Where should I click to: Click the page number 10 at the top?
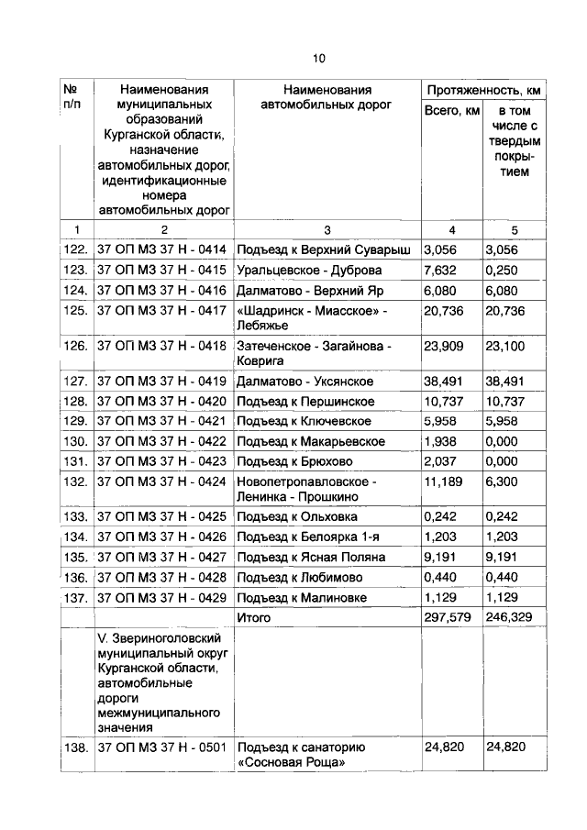pos(318,59)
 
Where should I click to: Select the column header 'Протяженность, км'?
pos(482,90)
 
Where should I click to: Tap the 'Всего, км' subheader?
pos(451,111)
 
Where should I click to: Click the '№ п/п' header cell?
pos(75,97)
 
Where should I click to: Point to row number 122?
pos(76,249)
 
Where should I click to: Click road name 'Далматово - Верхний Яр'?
pos(301,291)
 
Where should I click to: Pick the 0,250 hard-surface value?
pos(501,270)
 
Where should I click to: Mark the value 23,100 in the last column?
pos(504,347)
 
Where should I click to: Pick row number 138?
pos(76,747)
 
